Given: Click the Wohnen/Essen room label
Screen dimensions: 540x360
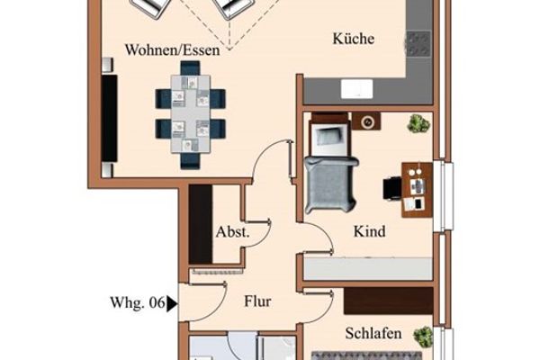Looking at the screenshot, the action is point(172,50).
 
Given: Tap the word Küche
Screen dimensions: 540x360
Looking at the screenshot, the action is point(354,38).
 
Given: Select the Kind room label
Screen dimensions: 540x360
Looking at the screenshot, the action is point(369,231).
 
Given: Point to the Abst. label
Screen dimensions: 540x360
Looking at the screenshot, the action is point(232,232).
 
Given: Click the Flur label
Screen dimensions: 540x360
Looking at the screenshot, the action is point(257,301).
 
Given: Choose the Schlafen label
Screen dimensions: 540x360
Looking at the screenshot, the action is point(373,333).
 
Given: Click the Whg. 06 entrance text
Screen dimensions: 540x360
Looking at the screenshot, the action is point(138,302).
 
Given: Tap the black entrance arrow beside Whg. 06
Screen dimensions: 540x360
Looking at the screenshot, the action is point(172,304).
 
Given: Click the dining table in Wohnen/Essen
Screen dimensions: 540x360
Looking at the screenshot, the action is point(191,113).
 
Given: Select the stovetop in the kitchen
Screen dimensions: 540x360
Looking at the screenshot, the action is point(418,44).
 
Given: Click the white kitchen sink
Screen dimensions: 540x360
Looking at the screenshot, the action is point(357,89).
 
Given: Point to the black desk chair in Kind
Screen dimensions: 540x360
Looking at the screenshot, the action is point(392,188).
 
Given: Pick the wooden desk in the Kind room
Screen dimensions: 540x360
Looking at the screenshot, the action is point(417,190).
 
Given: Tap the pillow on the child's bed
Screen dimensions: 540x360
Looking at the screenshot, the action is point(329,136).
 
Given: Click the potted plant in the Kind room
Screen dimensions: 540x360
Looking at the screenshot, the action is point(418,123).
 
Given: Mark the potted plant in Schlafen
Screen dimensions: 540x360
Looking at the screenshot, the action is point(423,337).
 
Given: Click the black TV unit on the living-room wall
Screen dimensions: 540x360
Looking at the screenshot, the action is point(110,118).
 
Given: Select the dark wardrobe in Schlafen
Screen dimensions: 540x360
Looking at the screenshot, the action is point(389,301).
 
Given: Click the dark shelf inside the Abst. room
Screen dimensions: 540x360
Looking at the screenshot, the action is point(201,224).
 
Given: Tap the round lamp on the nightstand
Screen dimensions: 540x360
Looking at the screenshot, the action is point(368,121).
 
